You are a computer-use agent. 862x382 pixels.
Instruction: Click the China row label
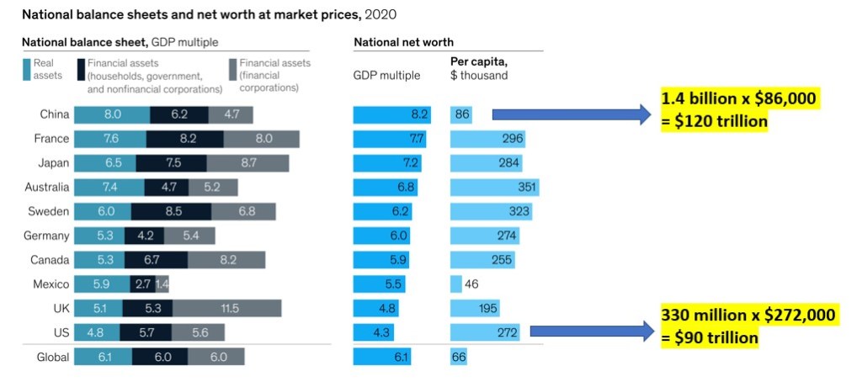[x=54, y=114]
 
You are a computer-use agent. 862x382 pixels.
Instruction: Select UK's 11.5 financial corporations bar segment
[x=226, y=309]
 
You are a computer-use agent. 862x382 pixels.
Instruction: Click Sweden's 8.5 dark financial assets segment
[x=171, y=211]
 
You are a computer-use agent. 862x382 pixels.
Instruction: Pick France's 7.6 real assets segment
[x=110, y=139]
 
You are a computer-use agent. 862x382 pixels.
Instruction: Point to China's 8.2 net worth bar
[x=391, y=114]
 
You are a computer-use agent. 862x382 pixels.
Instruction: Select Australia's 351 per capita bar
[x=494, y=187]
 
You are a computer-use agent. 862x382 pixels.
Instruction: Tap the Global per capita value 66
[x=459, y=357]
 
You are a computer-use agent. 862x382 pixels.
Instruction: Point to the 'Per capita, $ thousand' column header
[x=479, y=68]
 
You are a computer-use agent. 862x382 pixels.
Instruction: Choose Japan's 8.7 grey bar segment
[x=247, y=163]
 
